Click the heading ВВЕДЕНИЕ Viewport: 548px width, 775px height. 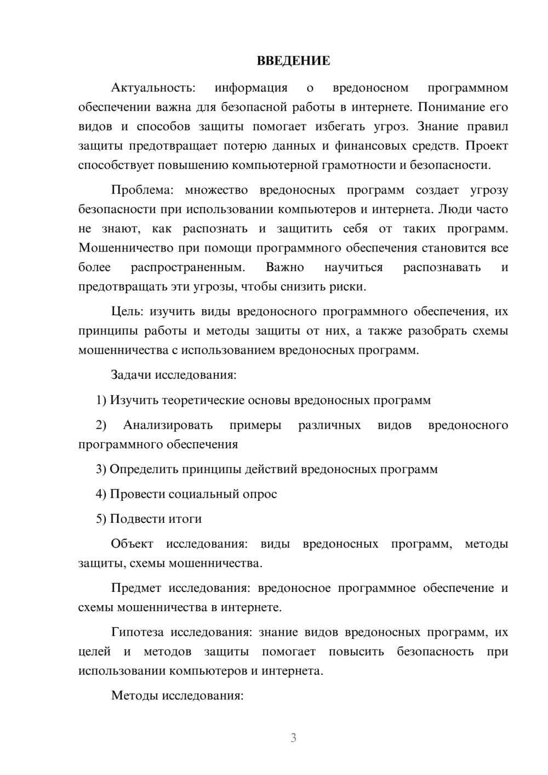pyautogui.click(x=293, y=61)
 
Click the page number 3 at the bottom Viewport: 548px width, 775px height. pyautogui.click(x=293, y=738)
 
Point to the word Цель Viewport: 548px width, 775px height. pyautogui.click(x=127, y=311)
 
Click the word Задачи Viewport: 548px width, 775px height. pyautogui.click(x=132, y=375)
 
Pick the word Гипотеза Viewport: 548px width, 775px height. pyautogui.click(x=137, y=632)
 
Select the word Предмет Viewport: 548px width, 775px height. pyautogui.click(x=136, y=588)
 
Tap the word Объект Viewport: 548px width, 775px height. pyautogui.click(x=132, y=544)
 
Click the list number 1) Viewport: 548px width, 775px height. pyautogui.click(x=101, y=400)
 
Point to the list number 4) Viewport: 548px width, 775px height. pyautogui.click(x=101, y=494)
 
